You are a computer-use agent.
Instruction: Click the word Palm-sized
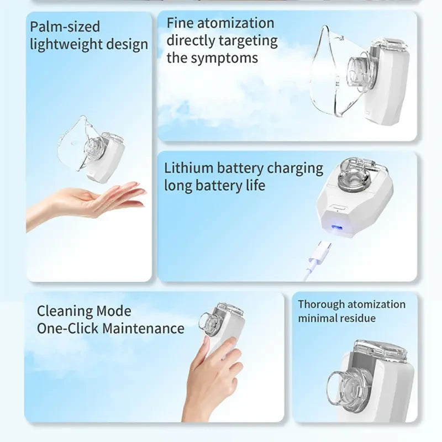[x=65, y=27]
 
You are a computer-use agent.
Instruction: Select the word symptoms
[x=224, y=59]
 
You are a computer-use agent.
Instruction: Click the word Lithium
[x=188, y=169]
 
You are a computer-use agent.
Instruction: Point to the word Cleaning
[x=65, y=312]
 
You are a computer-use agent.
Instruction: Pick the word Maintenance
[x=143, y=328]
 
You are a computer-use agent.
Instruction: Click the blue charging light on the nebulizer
[x=336, y=227]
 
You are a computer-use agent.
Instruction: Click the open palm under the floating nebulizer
[x=85, y=204]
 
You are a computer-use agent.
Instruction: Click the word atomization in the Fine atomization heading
[x=235, y=23]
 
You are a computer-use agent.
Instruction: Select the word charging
[x=295, y=169]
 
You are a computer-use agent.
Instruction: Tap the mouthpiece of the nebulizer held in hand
[x=209, y=323]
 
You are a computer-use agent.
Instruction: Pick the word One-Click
[x=67, y=328]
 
